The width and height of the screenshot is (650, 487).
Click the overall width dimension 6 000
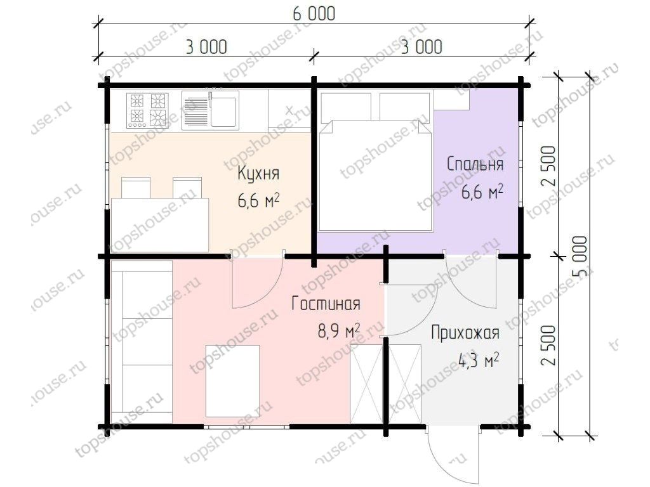tap(313, 13)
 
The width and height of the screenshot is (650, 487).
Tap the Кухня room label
tap(258, 173)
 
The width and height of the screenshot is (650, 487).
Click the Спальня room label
tap(475, 164)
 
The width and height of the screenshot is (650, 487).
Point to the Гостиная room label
tap(326, 304)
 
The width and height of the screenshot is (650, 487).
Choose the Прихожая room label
tap(465, 334)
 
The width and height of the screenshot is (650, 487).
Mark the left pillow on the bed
tap(346, 106)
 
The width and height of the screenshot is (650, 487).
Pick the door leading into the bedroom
tap(470, 279)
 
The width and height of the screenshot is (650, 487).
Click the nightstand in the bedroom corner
tap(451, 100)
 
